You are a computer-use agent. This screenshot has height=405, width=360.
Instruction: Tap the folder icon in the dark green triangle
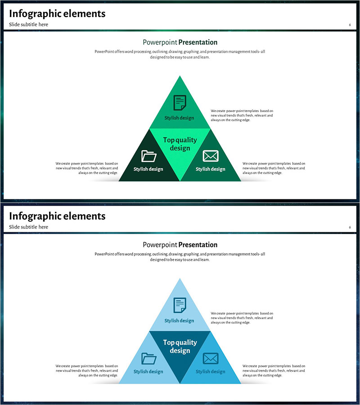(148, 156)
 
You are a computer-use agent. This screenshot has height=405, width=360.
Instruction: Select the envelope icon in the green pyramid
(211, 156)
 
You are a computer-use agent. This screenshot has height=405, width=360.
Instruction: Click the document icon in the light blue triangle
(180, 306)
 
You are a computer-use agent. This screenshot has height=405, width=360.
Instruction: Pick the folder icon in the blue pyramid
(148, 359)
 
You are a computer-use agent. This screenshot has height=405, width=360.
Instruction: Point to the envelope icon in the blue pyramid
(211, 359)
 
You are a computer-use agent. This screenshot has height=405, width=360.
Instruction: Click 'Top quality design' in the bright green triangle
(180, 144)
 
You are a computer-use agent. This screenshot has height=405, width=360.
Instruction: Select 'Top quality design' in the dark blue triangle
(180, 346)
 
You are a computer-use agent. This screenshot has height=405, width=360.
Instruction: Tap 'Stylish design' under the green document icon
(179, 118)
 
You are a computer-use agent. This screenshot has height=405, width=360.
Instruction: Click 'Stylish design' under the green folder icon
(148, 169)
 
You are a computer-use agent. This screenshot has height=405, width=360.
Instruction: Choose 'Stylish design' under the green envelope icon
(211, 169)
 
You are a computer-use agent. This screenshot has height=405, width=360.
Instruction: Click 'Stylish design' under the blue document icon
(179, 321)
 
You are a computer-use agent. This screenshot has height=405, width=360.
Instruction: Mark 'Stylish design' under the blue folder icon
(148, 372)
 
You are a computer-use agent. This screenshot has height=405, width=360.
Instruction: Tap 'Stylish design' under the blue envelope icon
(211, 372)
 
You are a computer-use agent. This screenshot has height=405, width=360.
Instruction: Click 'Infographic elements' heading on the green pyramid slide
(57, 13)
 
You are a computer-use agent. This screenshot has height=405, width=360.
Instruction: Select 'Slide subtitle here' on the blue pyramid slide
(28, 227)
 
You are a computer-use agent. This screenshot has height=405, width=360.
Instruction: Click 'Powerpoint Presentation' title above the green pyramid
(180, 42)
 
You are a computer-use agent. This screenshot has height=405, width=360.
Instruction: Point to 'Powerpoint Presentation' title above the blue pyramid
(180, 245)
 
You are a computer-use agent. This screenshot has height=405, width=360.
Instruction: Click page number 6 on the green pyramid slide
(350, 25)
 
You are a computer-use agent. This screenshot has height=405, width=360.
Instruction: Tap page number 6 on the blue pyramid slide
(350, 227)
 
